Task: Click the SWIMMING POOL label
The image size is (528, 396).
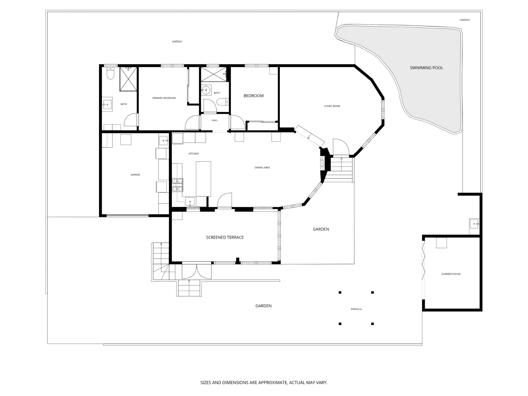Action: [426, 68]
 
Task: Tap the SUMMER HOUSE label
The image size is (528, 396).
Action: [451, 274]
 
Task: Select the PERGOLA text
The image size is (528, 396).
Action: [356, 309]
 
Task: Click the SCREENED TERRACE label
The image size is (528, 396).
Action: [225, 237]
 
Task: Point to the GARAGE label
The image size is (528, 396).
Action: [135, 175]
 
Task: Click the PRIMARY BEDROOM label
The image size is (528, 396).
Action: [164, 98]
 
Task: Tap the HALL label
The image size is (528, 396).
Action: [214, 120]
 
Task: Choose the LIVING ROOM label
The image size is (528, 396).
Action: [332, 106]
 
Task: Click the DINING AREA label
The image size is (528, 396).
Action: [262, 168]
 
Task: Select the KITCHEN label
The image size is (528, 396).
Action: [193, 154]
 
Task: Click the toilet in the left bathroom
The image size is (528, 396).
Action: [111, 74]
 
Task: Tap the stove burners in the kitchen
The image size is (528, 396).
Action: [177, 185]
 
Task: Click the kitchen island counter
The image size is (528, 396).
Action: [203, 179]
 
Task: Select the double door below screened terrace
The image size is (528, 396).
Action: [196, 272]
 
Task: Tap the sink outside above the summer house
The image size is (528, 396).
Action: [474, 224]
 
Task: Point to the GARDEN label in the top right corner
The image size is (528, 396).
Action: [464, 20]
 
